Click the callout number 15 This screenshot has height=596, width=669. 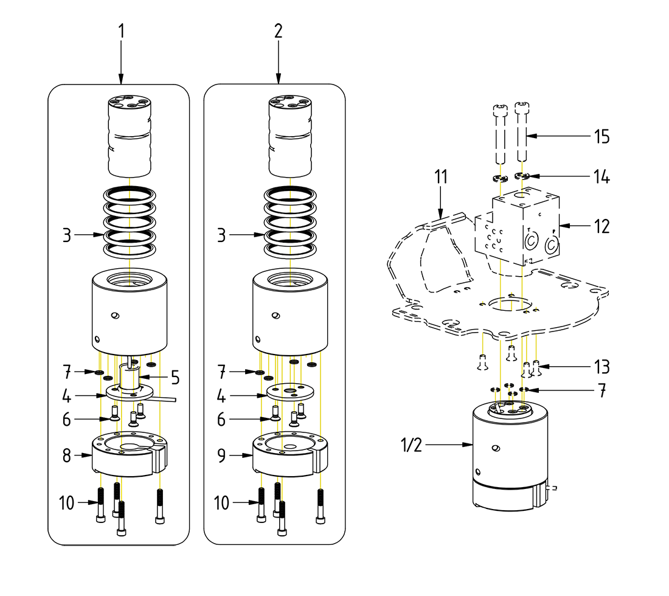(602, 136)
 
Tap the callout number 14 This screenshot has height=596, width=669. (602, 177)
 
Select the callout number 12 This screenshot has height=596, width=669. (602, 226)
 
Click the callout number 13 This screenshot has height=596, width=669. (602, 367)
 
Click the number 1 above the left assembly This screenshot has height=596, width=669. (121, 31)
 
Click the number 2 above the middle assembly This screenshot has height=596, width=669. (278, 31)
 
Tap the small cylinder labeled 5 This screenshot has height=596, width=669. (129, 377)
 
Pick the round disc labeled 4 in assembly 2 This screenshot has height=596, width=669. (289, 392)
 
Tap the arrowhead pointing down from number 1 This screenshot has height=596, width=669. (121, 78)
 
